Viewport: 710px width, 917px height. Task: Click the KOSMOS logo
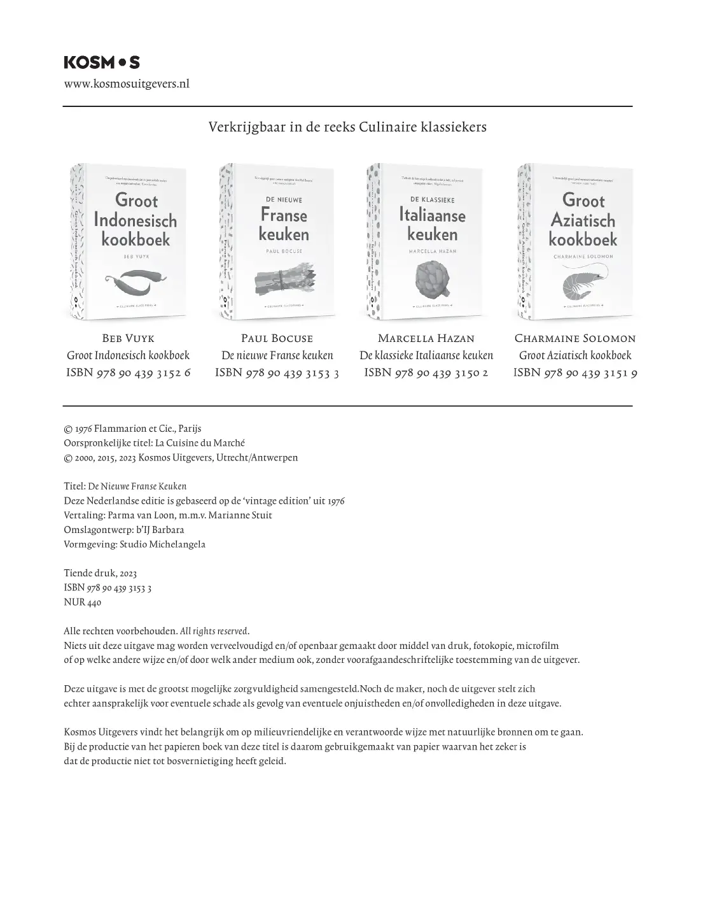102,62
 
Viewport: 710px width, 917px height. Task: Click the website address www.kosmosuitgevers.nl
127,83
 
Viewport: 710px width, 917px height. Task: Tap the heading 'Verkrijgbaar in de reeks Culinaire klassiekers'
347,127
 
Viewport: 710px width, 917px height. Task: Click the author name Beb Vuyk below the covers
129,338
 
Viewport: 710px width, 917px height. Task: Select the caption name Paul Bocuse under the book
277,338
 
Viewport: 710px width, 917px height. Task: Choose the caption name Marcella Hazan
426,338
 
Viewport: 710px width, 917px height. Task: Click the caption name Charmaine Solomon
575,338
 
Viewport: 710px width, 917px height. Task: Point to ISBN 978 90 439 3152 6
129,373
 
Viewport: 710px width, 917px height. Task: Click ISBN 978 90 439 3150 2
426,373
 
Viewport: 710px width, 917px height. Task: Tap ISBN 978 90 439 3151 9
575,373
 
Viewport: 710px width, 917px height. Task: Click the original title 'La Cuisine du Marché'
200,443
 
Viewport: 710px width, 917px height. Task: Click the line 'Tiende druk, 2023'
101,573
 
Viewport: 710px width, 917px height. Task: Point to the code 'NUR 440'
83,602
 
